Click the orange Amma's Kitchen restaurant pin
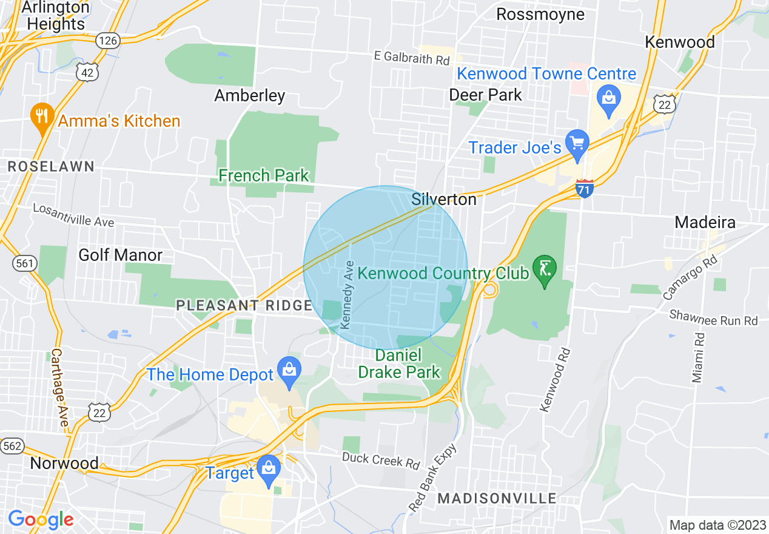pyautogui.click(x=41, y=117)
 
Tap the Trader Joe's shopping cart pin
pyautogui.click(x=577, y=144)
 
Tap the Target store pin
pyautogui.click(x=267, y=469)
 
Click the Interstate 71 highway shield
pyautogui.click(x=585, y=188)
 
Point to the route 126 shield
pyautogui.click(x=108, y=41)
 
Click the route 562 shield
pyautogui.click(x=12, y=446)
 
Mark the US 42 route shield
pyautogui.click(x=87, y=72)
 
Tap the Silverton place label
pyautogui.click(x=444, y=199)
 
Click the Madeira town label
pyautogui.click(x=705, y=223)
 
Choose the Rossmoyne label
pyautogui.click(x=540, y=14)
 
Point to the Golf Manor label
pyautogui.click(x=120, y=255)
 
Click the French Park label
pyautogui.click(x=263, y=176)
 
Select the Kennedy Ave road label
pyautogui.click(x=348, y=295)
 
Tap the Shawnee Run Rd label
pyautogui.click(x=713, y=317)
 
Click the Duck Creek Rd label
pyautogui.click(x=380, y=460)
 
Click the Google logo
pyautogui.click(x=41, y=519)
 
